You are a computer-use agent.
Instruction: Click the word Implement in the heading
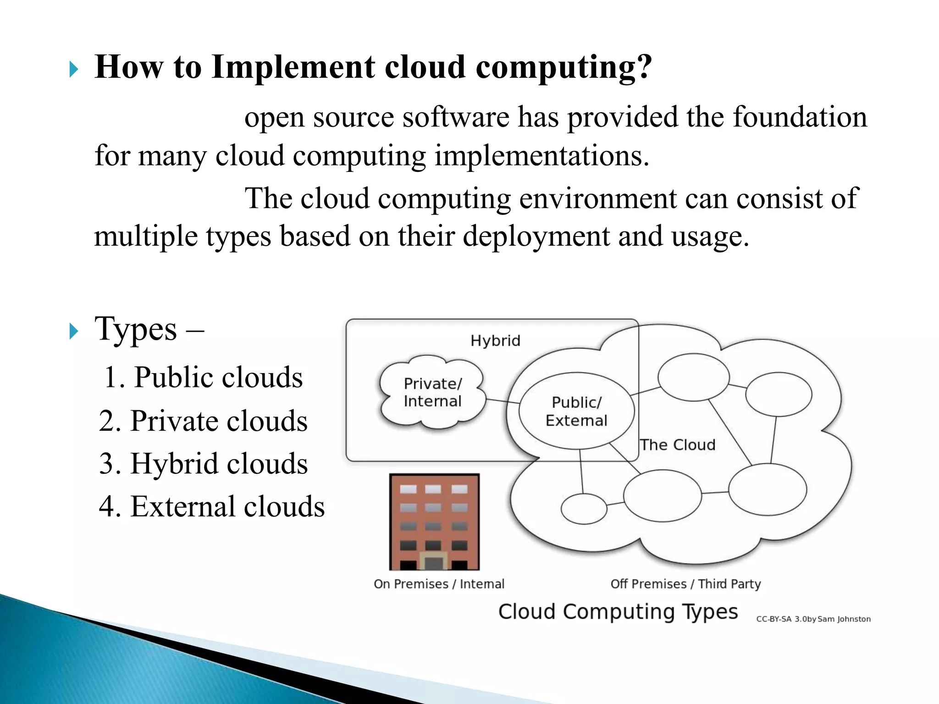click(x=293, y=67)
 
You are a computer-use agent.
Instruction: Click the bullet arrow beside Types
click(x=74, y=331)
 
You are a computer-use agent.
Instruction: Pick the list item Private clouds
click(x=203, y=421)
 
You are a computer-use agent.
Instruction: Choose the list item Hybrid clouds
click(x=203, y=463)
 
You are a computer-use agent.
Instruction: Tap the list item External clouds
click(x=212, y=506)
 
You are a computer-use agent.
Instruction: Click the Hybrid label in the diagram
click(x=495, y=341)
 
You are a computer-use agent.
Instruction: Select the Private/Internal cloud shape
click(x=432, y=392)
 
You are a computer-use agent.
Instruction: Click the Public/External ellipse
click(x=576, y=411)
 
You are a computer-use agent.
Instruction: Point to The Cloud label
click(x=677, y=445)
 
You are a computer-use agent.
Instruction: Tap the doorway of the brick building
click(x=434, y=561)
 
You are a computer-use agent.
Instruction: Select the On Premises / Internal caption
click(x=439, y=584)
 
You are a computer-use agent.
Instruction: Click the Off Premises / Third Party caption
click(x=685, y=584)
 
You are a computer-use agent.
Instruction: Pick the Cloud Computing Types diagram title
click(x=618, y=612)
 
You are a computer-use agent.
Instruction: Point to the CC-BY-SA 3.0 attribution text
click(x=813, y=619)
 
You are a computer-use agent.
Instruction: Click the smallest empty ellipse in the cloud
click(x=584, y=509)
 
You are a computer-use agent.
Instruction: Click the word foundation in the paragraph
click(x=800, y=117)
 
